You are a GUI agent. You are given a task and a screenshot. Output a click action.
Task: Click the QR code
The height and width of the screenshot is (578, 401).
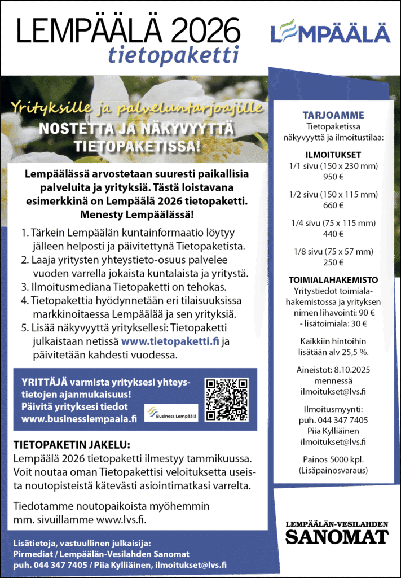click(227, 400)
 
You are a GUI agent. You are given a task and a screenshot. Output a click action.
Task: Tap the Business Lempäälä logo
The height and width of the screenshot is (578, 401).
click(171, 413)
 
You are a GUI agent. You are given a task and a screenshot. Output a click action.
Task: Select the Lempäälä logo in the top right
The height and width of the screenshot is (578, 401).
click(330, 32)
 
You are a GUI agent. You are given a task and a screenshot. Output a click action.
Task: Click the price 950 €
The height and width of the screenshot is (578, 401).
click(333, 176)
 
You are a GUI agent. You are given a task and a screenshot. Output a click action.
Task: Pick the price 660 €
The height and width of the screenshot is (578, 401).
click(333, 205)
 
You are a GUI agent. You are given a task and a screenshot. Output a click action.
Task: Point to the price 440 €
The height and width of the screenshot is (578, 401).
click(333, 234)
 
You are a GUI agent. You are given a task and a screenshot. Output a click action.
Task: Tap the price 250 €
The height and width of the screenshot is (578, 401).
click(333, 262)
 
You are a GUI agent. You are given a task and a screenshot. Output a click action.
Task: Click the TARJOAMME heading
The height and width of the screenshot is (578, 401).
click(333, 115)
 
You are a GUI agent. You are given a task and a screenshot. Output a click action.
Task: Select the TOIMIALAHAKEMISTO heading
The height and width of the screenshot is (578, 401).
click(333, 280)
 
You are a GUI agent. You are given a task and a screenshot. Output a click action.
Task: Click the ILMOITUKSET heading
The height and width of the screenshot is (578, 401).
click(333, 155)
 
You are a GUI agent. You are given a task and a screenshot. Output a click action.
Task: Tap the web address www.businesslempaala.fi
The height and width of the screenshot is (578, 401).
click(79, 418)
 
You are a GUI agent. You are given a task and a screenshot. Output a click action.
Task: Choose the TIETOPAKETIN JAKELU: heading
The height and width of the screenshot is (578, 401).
click(72, 444)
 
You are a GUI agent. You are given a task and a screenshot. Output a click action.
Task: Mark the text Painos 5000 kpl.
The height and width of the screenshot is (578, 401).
click(333, 459)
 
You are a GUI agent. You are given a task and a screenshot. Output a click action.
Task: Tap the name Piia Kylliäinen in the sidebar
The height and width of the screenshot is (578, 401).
click(333, 431)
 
